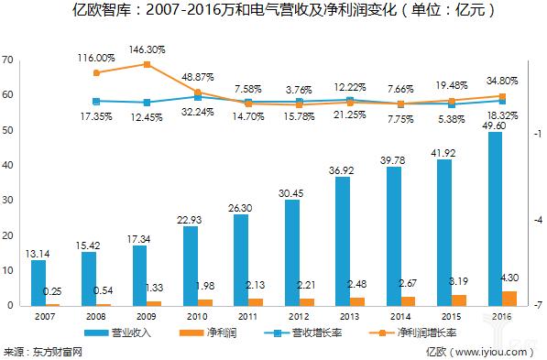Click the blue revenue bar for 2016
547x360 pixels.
point(495,218)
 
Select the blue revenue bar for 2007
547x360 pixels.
point(38,282)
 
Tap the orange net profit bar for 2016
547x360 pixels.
point(509,298)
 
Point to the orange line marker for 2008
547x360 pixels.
point(96,72)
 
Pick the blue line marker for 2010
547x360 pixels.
point(197,96)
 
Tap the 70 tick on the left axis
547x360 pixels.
point(7,60)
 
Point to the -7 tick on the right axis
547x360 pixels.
point(537,305)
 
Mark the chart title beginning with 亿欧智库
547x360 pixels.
point(273,12)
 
